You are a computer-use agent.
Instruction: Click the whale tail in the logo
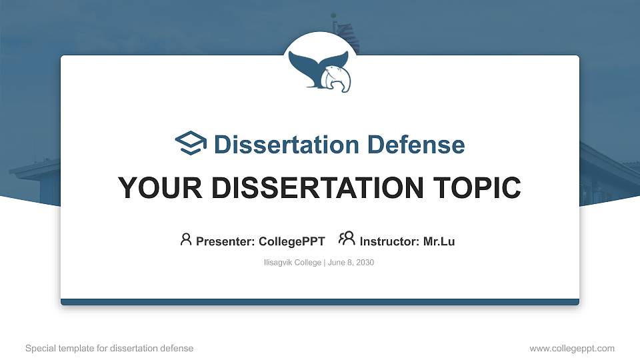point(311,67)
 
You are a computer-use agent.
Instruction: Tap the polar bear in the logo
point(337,79)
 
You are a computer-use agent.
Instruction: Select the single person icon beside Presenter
point(186,239)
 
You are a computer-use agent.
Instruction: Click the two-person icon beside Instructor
point(347,239)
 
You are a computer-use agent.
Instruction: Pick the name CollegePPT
point(292,241)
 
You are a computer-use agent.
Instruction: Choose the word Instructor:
point(389,241)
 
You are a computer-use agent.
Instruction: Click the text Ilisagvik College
point(293,263)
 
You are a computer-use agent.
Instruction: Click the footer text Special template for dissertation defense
point(109,348)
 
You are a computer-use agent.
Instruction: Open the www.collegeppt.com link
point(571,348)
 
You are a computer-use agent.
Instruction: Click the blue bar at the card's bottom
point(320,302)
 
